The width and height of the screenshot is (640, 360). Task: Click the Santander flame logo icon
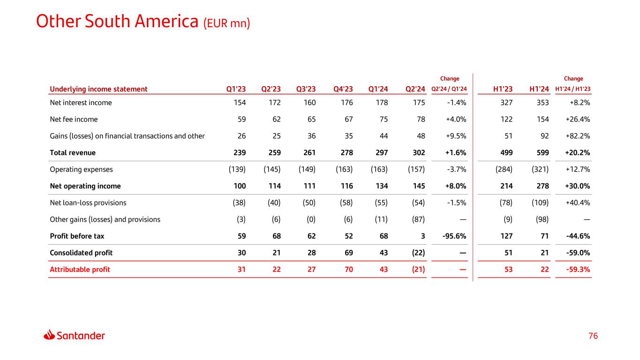pyautogui.click(x=50, y=335)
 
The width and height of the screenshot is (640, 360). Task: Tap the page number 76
pyautogui.click(x=593, y=336)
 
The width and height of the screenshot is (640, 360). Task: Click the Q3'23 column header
pyautogui.click(x=306, y=89)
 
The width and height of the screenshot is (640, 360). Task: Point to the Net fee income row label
pyautogui.click(x=74, y=120)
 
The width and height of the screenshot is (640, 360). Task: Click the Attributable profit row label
pyautogui.click(x=80, y=270)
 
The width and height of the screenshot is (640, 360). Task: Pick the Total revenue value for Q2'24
pyautogui.click(x=417, y=153)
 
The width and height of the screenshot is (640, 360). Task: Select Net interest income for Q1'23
pyautogui.click(x=240, y=103)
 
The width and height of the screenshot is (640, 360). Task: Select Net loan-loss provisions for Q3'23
pyautogui.click(x=306, y=203)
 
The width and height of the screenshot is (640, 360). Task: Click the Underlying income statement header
pyautogui.click(x=98, y=89)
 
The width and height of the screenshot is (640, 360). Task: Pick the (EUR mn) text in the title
pyautogui.click(x=226, y=22)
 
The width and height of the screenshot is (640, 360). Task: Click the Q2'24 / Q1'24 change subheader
pyautogui.click(x=449, y=90)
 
